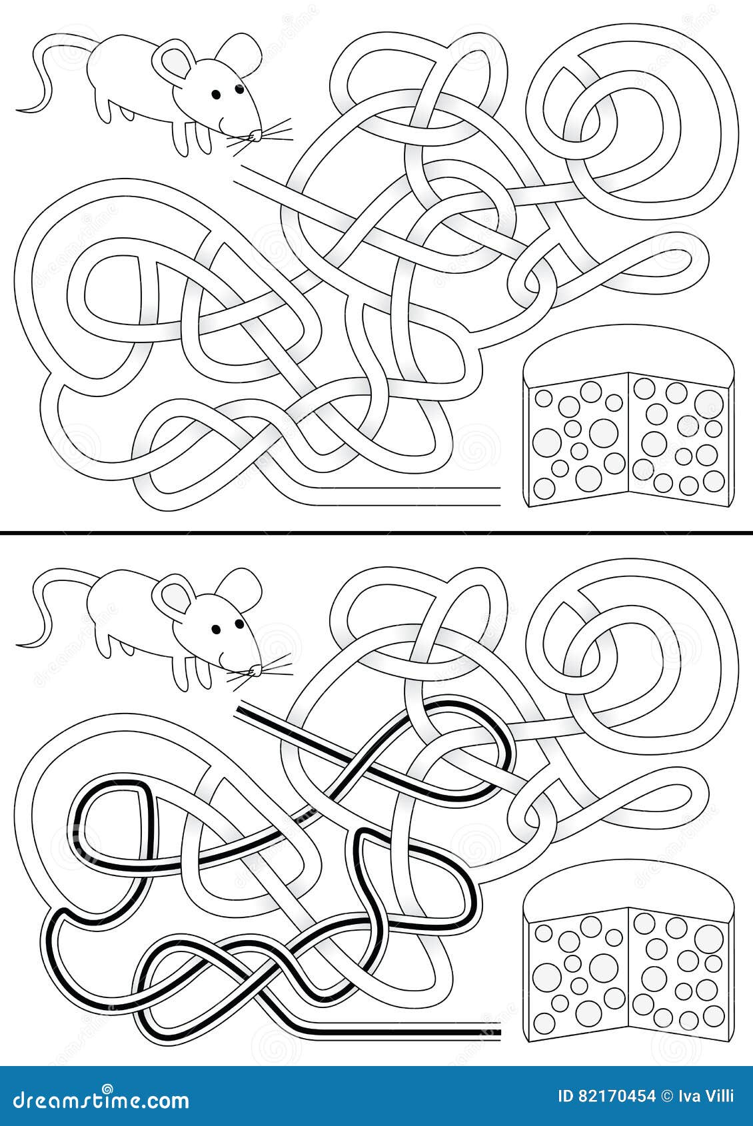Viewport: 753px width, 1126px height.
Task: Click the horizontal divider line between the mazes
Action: point(376,533)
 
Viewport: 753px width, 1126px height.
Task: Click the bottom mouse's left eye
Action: point(215,628)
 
